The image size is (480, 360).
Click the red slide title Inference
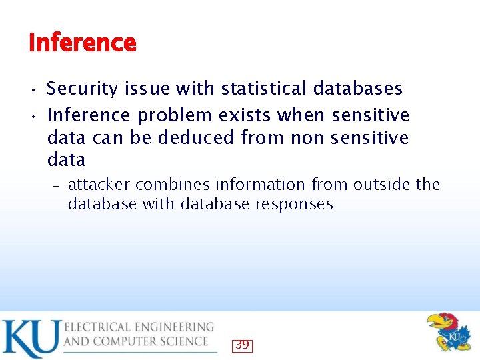(83, 43)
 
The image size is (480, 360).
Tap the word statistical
(264, 89)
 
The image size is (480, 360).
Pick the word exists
(243, 116)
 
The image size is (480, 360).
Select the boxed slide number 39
(242, 345)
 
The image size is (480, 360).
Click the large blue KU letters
(30, 338)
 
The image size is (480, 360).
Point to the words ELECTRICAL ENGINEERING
(139, 327)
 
